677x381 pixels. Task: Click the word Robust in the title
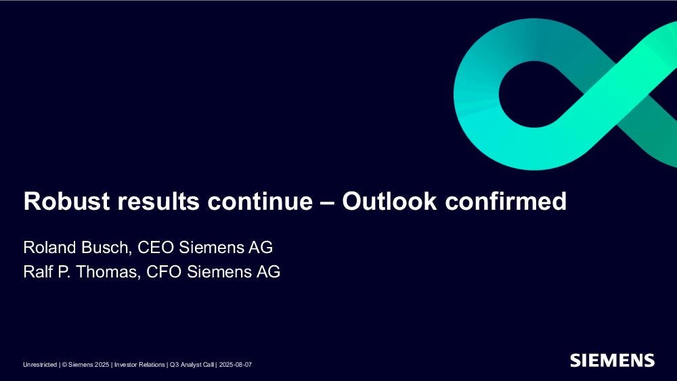[x=66, y=201]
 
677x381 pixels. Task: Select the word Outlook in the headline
[x=389, y=201]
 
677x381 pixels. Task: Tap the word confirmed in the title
[x=506, y=201]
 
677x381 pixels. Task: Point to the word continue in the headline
[x=260, y=202]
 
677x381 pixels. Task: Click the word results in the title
[x=158, y=202]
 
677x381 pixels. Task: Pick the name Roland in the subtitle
[x=49, y=247]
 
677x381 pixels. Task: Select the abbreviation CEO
[x=156, y=247]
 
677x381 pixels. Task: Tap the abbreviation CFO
[x=164, y=272]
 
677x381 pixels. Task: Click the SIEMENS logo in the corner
[x=612, y=360]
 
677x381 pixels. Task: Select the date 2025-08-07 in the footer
[x=236, y=365]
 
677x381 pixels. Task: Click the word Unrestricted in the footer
[x=40, y=365]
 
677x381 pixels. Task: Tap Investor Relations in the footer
[x=139, y=365]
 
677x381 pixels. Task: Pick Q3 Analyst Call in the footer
[x=192, y=365]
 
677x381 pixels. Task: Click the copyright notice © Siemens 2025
[x=85, y=365]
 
